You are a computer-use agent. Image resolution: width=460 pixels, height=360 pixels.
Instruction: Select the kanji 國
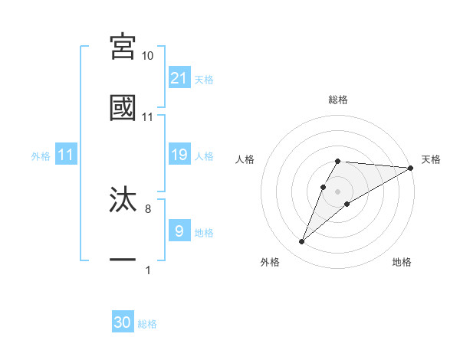(x=123, y=107)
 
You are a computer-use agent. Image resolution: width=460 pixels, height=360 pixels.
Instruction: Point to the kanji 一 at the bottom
(x=123, y=260)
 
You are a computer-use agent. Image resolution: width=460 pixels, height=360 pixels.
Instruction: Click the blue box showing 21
(x=179, y=78)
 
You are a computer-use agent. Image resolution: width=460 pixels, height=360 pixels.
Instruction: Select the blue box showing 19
(x=179, y=155)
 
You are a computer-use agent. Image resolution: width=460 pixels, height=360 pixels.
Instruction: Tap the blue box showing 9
(x=179, y=231)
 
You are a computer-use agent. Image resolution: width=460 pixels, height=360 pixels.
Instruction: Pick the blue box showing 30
(x=123, y=322)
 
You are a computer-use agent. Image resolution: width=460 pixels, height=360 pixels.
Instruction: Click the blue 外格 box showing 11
(x=66, y=155)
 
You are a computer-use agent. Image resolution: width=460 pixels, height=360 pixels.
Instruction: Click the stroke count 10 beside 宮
(x=147, y=56)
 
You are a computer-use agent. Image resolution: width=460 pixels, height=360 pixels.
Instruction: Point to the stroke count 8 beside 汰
(x=147, y=208)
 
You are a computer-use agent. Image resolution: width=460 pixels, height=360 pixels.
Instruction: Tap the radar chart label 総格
(x=337, y=100)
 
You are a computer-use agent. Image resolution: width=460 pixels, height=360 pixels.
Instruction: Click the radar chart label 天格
(x=431, y=159)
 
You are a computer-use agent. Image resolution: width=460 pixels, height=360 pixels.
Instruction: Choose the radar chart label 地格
(x=402, y=262)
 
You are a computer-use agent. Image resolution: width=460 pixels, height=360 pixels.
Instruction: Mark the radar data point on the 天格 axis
(x=411, y=168)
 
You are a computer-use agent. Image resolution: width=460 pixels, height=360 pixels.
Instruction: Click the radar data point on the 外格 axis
(x=302, y=242)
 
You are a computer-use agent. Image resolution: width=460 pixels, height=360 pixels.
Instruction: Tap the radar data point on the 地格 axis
(x=347, y=203)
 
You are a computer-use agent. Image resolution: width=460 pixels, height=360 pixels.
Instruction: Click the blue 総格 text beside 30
(x=147, y=324)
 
